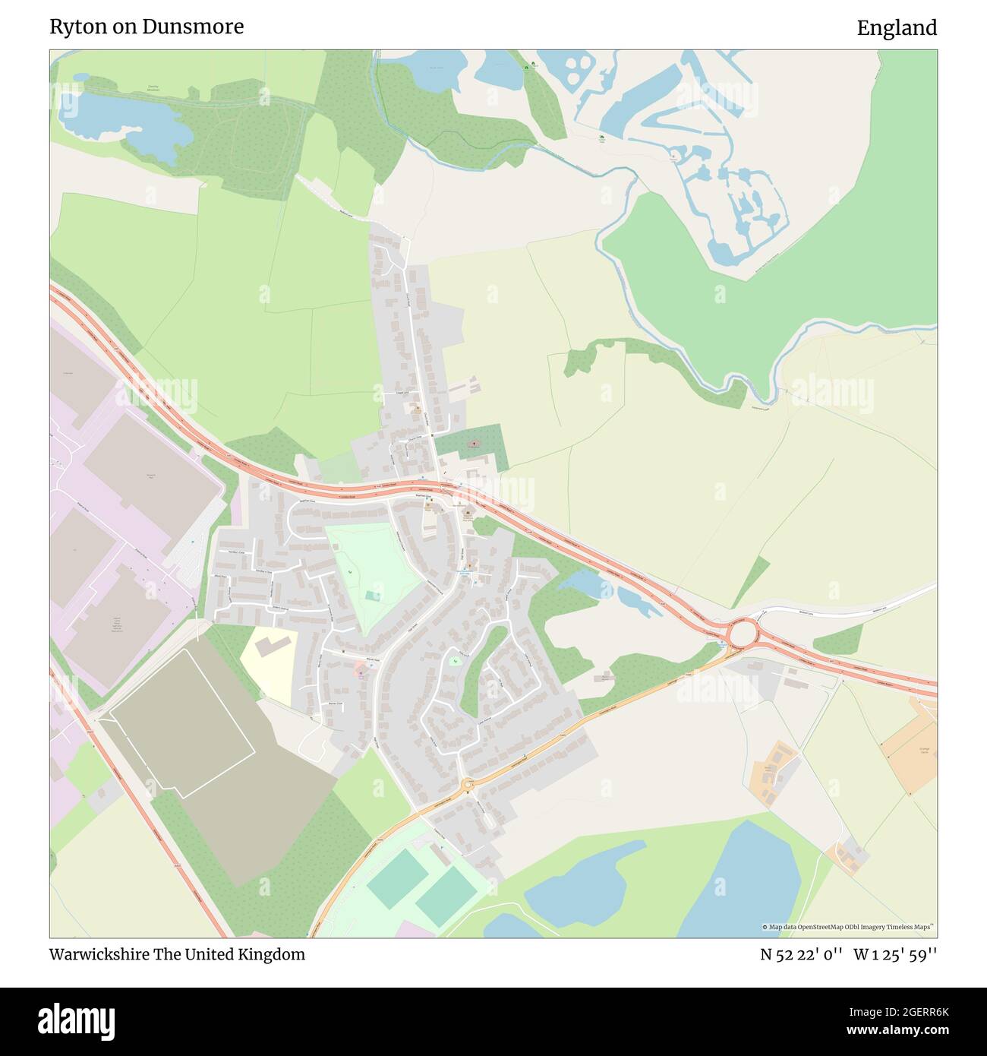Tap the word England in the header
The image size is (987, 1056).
tap(897, 28)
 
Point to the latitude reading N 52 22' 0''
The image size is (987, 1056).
tap(801, 954)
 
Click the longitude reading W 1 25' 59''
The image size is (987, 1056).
tap(895, 954)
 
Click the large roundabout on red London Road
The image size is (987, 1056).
tap(742, 632)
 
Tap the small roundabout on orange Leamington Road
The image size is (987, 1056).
tap(468, 784)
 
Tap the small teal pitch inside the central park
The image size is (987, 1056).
tap(372, 596)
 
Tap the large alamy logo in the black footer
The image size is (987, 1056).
tap(77, 1021)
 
